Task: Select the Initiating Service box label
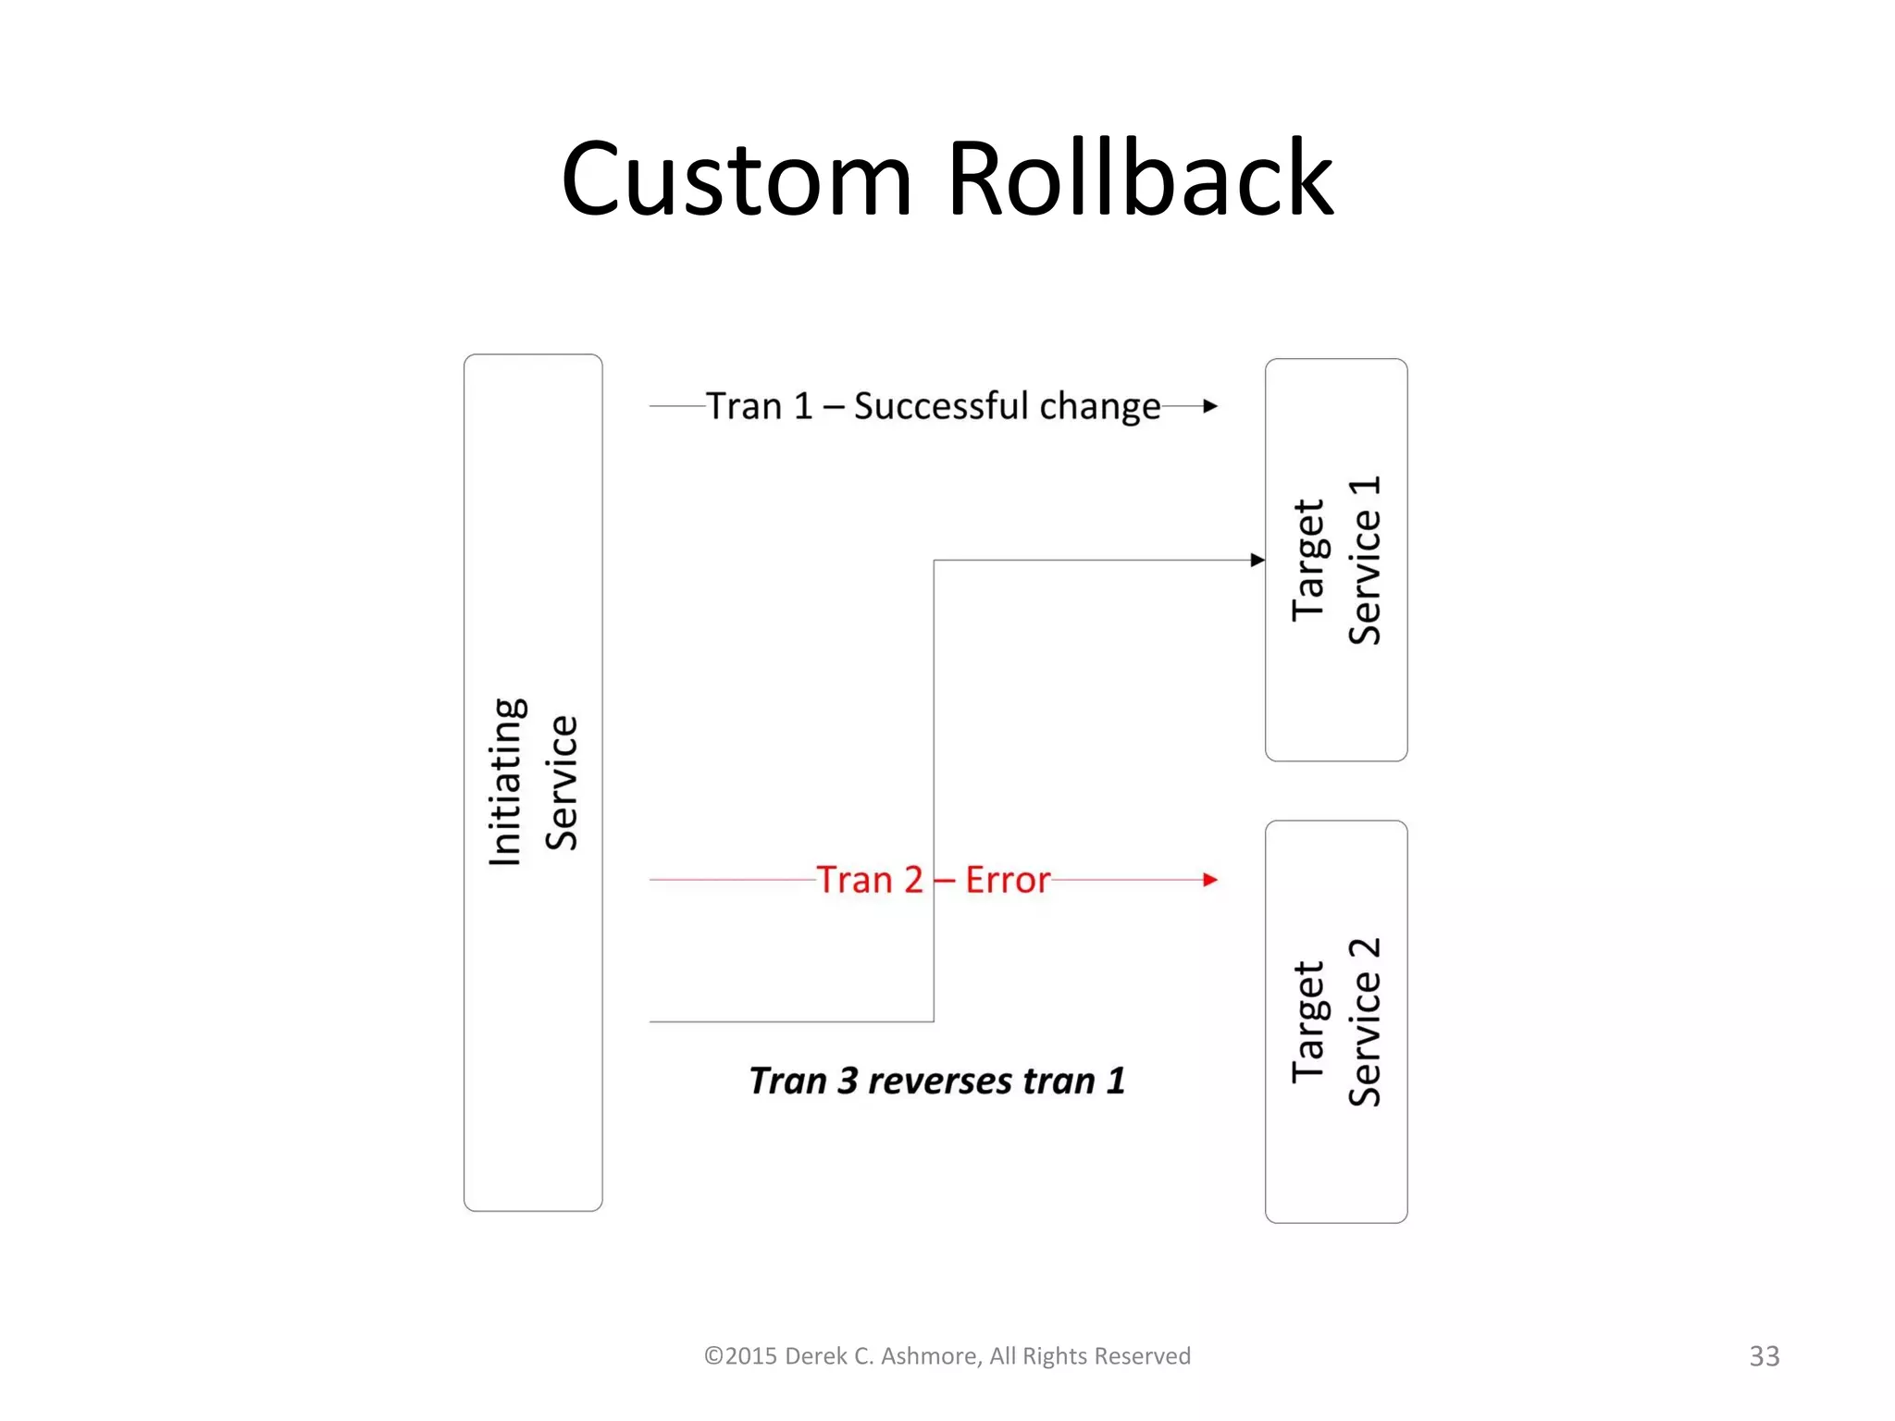coord(533,783)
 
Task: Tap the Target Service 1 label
coord(1336,561)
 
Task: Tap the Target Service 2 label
coord(1336,1021)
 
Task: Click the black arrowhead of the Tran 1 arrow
coord(1210,406)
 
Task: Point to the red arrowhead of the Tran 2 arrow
coord(1210,880)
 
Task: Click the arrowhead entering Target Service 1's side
coord(1257,560)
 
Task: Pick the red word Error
coord(1008,880)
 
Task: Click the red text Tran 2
coord(870,880)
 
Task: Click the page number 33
coord(1764,1356)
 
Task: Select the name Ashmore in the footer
coord(930,1356)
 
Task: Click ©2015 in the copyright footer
coord(740,1356)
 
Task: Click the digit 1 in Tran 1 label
coord(803,406)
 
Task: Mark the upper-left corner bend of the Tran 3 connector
coord(934,561)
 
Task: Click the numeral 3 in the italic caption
coord(848,1081)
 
